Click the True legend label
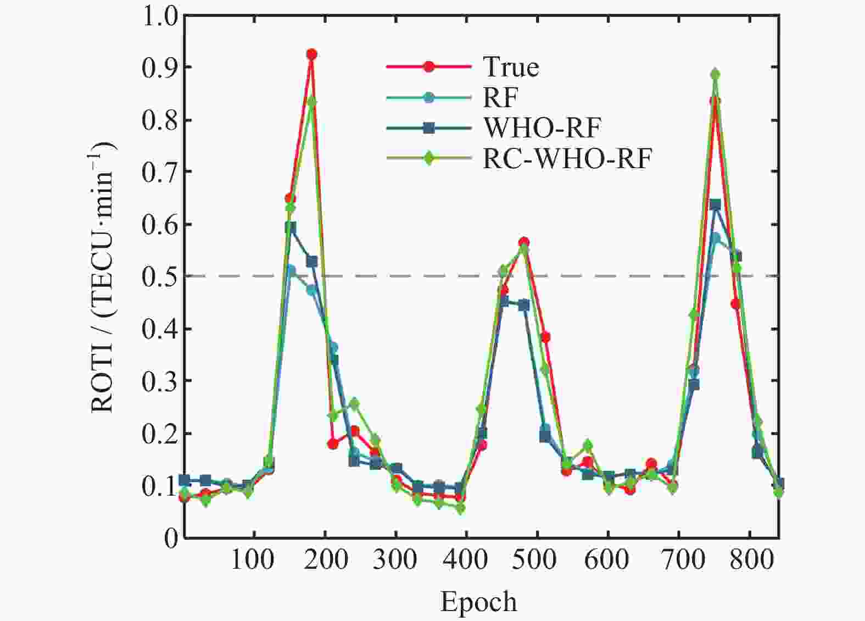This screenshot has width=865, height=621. pyautogui.click(x=511, y=66)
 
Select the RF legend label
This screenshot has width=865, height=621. pyautogui.click(x=500, y=97)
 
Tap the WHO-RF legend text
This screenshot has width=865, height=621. pyautogui.click(x=542, y=128)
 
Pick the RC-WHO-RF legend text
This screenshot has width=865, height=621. pyautogui.click(x=567, y=158)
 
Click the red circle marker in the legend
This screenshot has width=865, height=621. pyautogui.click(x=428, y=66)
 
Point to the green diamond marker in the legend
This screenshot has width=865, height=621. pyautogui.click(x=428, y=158)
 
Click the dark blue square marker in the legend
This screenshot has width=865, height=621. pyautogui.click(x=428, y=128)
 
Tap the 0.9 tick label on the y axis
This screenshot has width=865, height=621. pyautogui.click(x=158, y=68)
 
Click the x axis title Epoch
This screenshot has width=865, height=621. pyautogui.click(x=478, y=602)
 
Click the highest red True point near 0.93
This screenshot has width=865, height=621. pyautogui.click(x=311, y=54)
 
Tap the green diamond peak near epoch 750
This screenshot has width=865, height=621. pyautogui.click(x=715, y=74)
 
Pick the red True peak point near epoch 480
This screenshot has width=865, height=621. pyautogui.click(x=523, y=243)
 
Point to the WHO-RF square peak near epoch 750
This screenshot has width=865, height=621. pyautogui.click(x=715, y=204)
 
